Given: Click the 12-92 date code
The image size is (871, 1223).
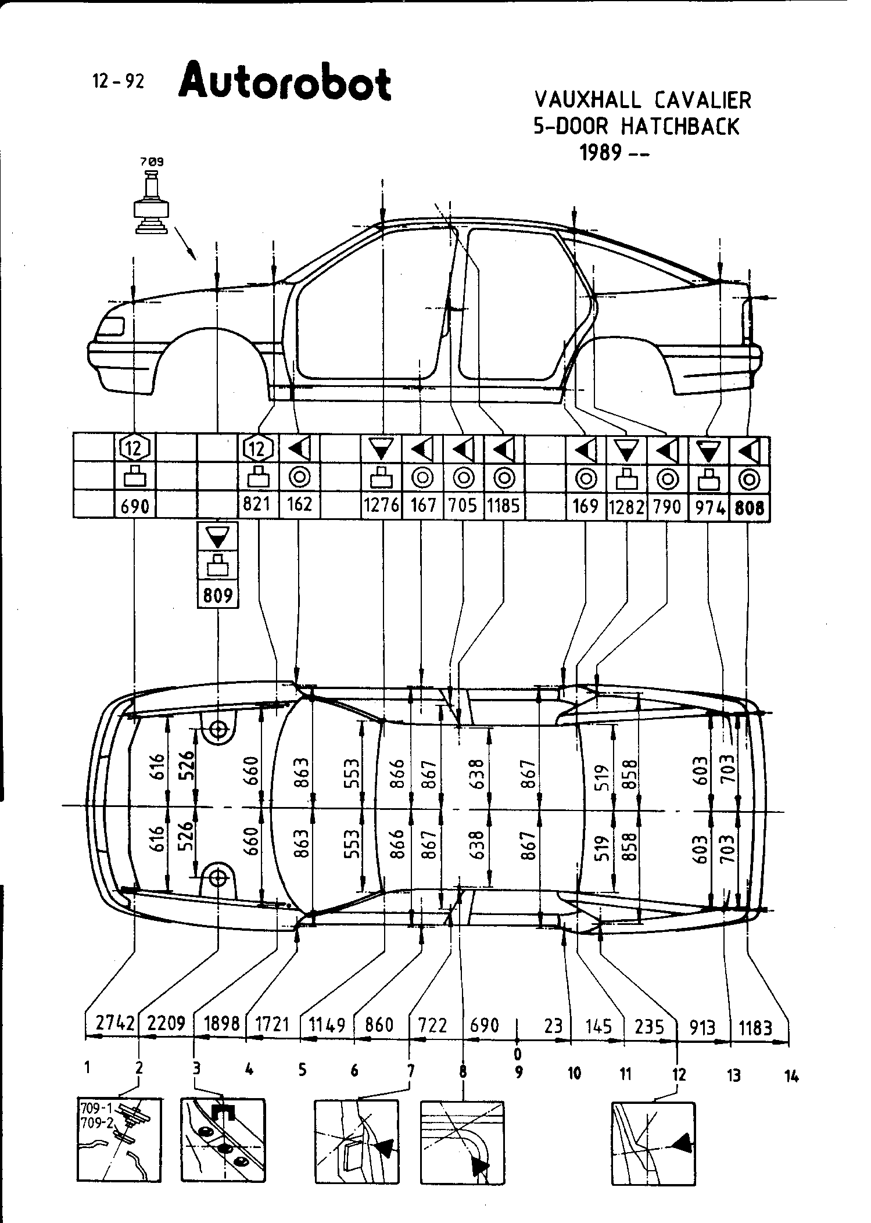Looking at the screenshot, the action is tap(118, 82).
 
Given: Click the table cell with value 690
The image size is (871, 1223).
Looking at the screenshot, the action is tap(135, 506).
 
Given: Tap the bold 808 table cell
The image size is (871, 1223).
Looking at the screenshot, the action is tap(749, 507).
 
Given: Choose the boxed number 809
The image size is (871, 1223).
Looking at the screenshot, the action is tap(218, 595).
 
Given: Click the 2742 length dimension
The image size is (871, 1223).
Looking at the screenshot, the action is tap(115, 1023).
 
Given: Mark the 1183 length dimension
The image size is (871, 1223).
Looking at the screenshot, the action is tap(755, 1028).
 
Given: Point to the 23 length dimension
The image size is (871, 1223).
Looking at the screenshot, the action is tap(553, 1025).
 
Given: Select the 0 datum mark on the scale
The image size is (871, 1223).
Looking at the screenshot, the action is tap(518, 1053).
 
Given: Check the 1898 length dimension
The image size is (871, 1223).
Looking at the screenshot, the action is tap(222, 1023).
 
